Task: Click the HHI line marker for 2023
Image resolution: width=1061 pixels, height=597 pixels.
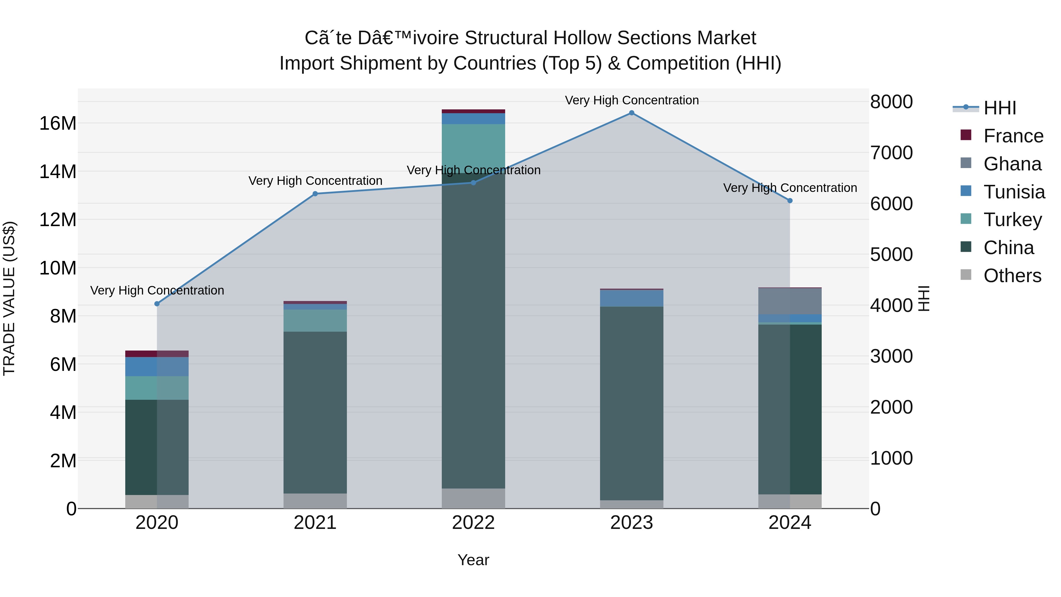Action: tap(631, 113)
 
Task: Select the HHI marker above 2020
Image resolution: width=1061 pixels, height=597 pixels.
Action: tap(157, 304)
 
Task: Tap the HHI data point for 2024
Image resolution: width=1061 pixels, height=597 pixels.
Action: tap(790, 201)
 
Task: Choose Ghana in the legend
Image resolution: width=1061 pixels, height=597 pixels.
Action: tap(1012, 164)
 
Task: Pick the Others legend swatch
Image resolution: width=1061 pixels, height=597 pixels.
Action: tap(966, 275)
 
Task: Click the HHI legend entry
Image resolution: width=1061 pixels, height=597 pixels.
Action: tap(1000, 108)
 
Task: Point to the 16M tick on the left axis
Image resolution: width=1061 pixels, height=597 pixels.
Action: tap(58, 123)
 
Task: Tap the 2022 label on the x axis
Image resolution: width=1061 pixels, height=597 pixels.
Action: tap(473, 523)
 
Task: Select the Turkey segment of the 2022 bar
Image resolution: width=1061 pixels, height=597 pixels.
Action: tap(473, 148)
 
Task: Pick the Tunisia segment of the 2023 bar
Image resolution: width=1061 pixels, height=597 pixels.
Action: tap(631, 298)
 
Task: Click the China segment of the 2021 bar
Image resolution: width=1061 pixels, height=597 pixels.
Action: tap(315, 412)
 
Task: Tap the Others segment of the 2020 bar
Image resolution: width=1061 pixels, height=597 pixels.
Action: tap(157, 501)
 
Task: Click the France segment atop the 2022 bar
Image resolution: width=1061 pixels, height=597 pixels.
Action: tap(473, 111)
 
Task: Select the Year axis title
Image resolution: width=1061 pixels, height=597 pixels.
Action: tap(473, 560)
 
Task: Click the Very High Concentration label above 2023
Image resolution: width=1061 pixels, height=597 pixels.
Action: tap(631, 100)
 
